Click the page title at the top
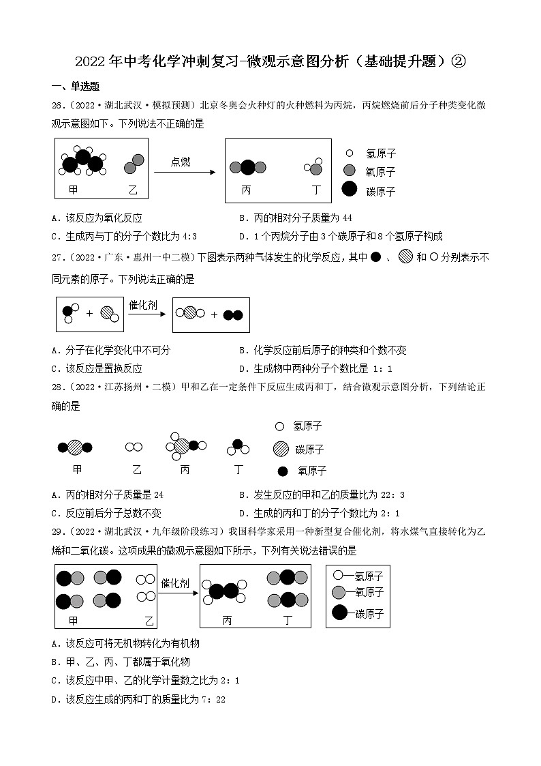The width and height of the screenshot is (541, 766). click(x=270, y=62)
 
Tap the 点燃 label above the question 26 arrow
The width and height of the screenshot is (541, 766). click(x=181, y=162)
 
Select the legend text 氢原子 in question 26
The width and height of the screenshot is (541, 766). click(x=380, y=154)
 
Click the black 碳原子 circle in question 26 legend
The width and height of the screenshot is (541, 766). click(x=349, y=190)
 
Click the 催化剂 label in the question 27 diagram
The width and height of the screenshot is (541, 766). click(x=143, y=305)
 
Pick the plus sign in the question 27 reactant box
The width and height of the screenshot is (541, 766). click(x=89, y=314)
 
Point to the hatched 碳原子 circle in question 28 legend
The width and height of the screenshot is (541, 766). click(x=280, y=449)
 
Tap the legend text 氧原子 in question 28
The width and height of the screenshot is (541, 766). click(x=312, y=471)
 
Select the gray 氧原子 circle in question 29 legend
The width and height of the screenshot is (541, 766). click(x=339, y=592)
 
